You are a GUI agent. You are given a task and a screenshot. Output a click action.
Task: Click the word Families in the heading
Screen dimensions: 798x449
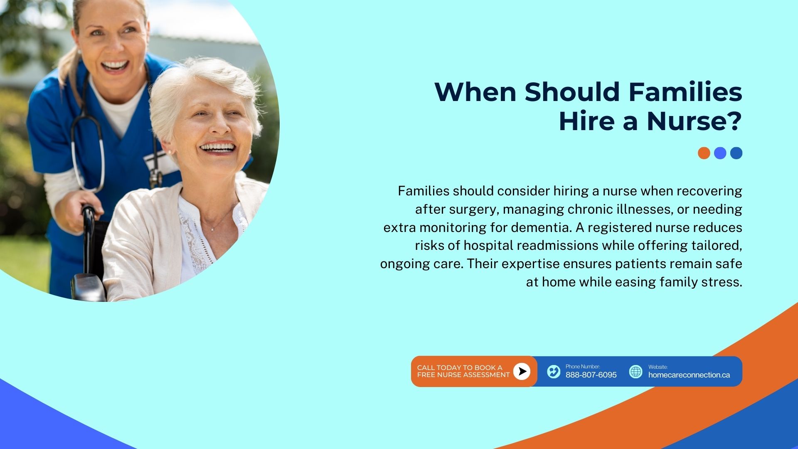tap(685, 92)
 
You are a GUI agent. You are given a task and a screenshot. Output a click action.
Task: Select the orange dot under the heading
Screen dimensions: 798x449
tap(704, 153)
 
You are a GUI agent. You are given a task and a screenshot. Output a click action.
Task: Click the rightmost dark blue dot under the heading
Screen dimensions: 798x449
tap(736, 153)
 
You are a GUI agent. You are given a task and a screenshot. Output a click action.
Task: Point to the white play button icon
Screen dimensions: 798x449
tap(522, 371)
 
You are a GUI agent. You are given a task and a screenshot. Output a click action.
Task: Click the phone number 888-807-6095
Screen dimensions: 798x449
tap(591, 375)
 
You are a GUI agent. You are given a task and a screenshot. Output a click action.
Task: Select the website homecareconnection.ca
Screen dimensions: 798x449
tap(689, 375)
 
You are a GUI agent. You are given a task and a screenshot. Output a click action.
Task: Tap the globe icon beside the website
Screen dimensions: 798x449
tap(635, 371)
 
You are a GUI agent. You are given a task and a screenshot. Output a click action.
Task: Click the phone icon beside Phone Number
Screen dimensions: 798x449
tap(554, 371)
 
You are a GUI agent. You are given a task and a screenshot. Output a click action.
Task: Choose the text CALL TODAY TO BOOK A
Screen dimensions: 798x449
tap(460, 368)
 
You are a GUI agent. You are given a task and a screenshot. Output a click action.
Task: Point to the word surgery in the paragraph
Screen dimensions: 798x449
tap(473, 209)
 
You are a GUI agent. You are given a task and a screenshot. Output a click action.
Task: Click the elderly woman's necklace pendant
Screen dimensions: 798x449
tap(213, 228)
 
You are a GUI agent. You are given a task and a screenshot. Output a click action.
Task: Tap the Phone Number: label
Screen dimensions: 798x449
tap(583, 366)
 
